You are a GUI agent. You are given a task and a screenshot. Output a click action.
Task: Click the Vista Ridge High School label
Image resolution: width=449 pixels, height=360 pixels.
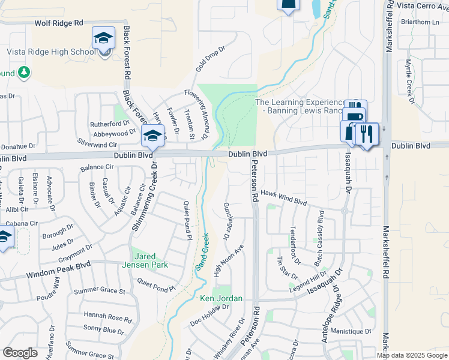tap(51, 52)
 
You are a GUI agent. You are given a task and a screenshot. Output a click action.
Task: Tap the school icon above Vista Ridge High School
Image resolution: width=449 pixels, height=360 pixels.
tap(104, 39)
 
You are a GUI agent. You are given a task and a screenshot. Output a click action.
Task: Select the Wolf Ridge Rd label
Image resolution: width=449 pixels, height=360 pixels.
tap(59, 22)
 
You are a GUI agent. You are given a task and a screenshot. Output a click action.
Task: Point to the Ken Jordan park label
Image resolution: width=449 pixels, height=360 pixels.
tap(221, 298)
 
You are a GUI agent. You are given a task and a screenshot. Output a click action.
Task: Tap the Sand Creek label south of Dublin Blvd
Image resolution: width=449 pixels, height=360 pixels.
tap(202, 251)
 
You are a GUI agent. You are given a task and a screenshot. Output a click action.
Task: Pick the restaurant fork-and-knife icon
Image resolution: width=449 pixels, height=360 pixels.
tap(367, 134)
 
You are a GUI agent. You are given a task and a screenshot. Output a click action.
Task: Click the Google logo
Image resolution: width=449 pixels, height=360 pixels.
tap(20, 352)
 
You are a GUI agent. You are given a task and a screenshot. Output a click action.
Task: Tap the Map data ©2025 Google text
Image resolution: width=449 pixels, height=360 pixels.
tap(412, 355)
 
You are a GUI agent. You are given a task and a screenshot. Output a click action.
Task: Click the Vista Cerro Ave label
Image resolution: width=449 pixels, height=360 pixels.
tap(423, 5)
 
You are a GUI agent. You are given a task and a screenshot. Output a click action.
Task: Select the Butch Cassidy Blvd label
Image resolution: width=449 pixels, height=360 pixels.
tap(320, 230)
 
